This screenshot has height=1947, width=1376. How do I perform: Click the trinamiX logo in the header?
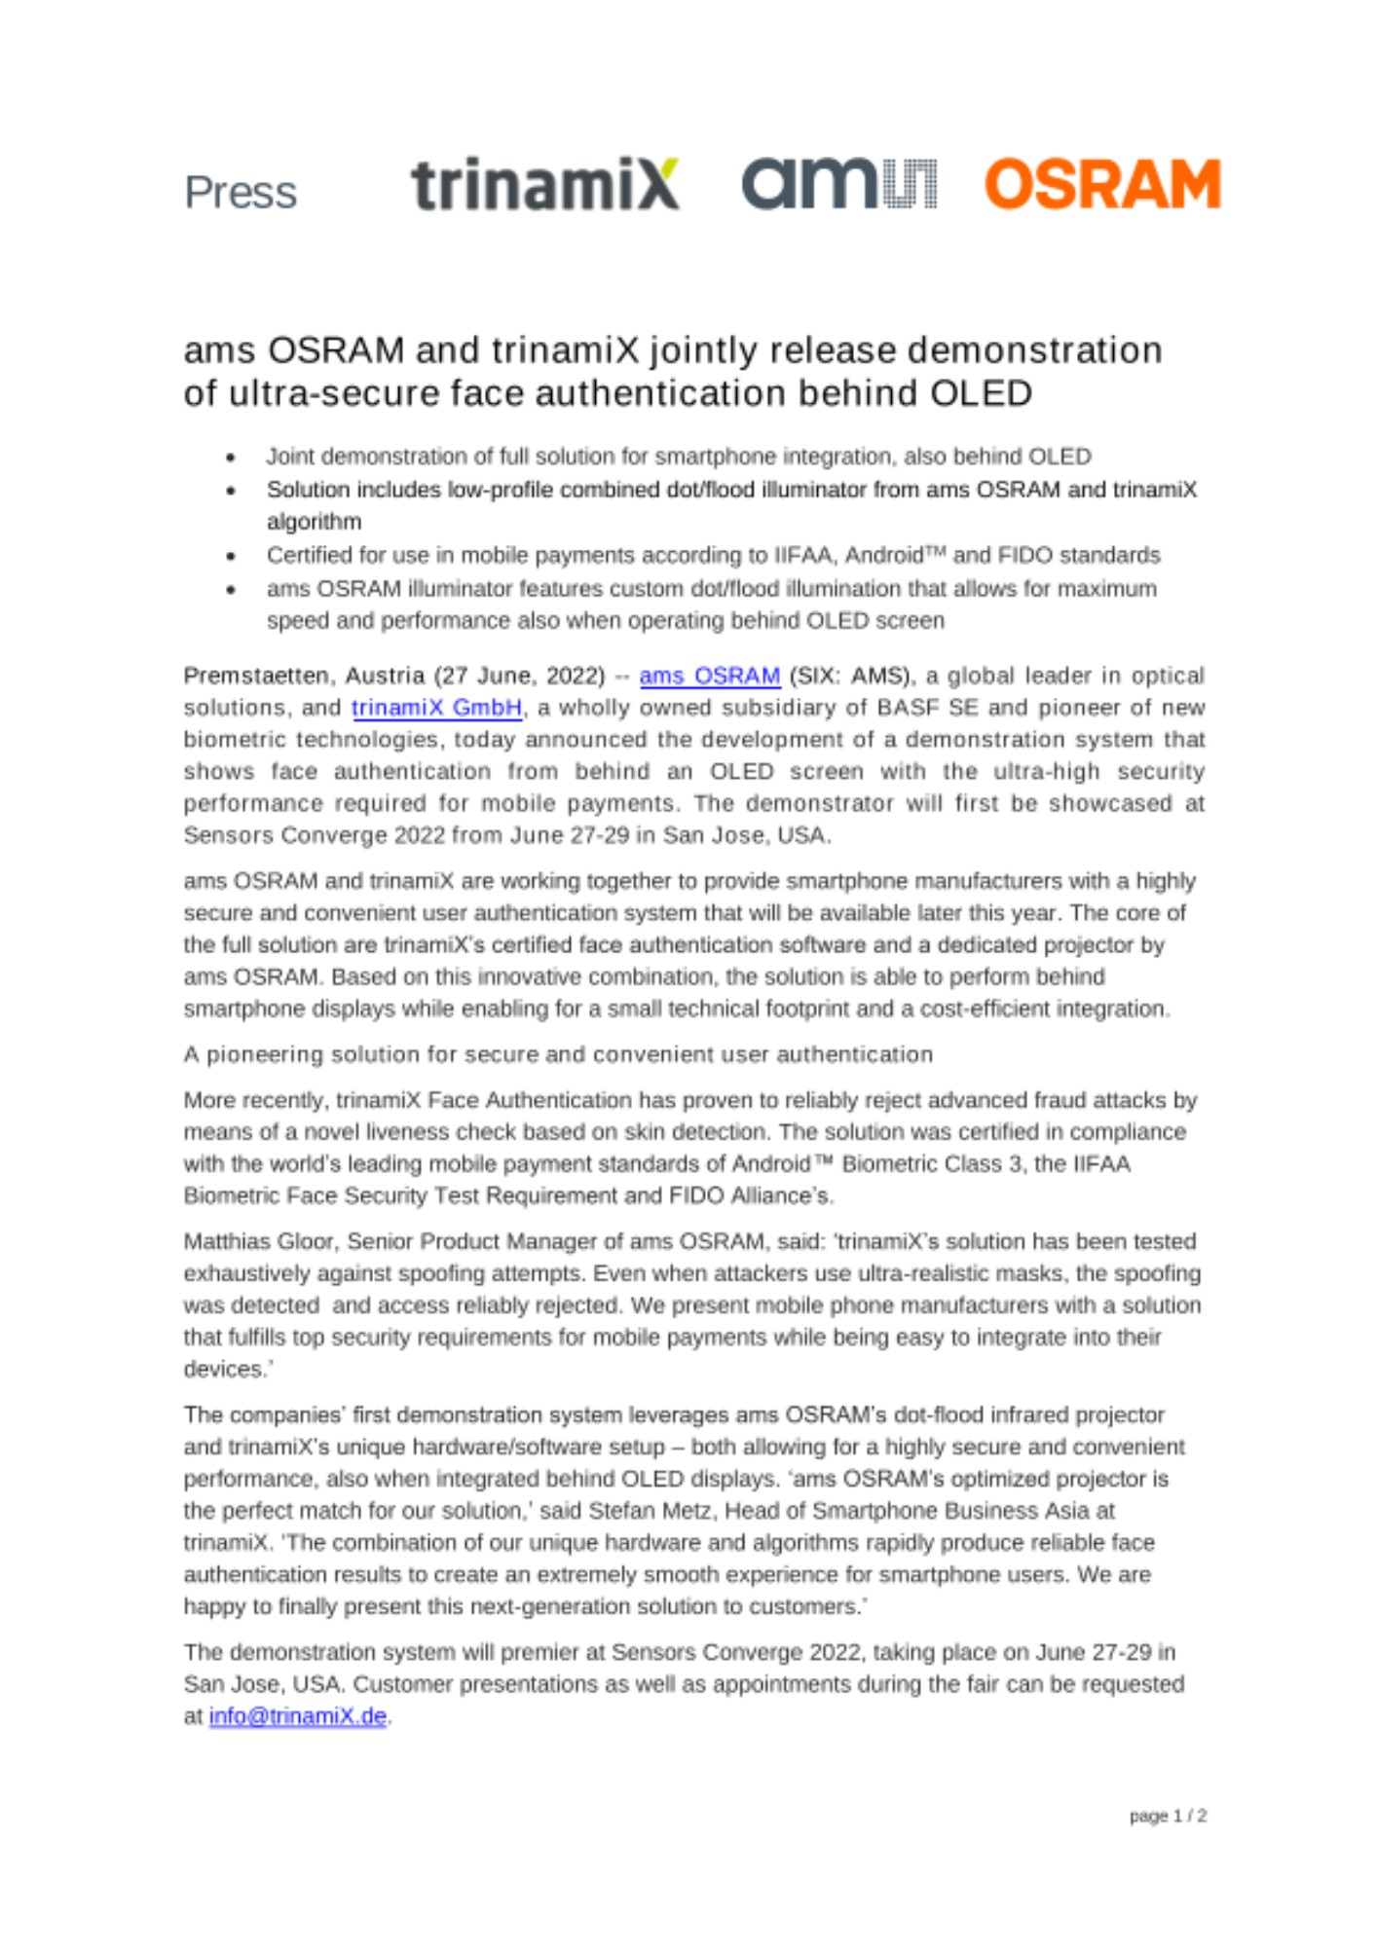(x=544, y=184)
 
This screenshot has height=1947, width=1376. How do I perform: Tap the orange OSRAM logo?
(x=1101, y=184)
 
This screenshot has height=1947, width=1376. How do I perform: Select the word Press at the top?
(x=241, y=193)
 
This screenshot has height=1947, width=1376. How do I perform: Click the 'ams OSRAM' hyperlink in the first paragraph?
(x=709, y=676)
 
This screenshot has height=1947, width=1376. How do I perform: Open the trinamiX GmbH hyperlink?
(x=436, y=708)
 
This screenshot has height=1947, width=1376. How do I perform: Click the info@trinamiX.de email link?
(x=297, y=1716)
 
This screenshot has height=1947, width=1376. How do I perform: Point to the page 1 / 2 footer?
(x=1167, y=1816)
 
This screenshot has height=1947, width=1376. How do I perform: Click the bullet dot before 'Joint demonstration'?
(x=231, y=457)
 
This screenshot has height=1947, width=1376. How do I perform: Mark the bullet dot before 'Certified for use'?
(x=231, y=556)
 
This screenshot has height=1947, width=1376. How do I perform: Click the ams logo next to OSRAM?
(x=838, y=184)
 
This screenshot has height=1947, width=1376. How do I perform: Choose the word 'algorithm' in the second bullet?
(x=314, y=522)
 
